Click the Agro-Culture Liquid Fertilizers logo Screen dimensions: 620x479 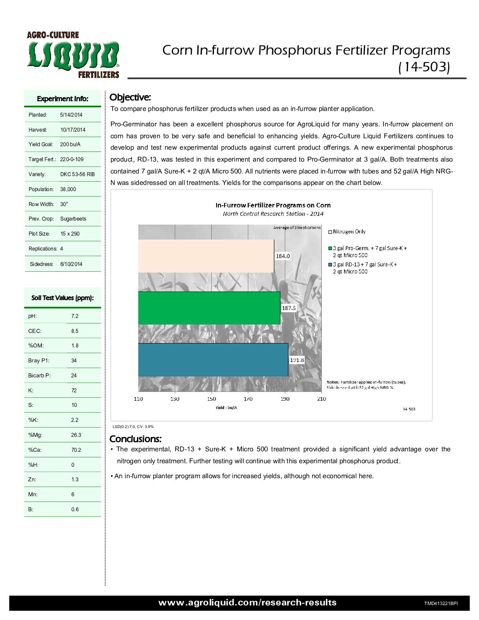click(73, 55)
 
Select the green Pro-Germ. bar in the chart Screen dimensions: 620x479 click(209, 308)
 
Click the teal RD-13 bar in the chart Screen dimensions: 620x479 click(213, 360)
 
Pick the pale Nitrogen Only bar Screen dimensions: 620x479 click(206, 256)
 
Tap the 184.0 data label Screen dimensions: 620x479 click(283, 256)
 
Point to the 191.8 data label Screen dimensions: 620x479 click(297, 360)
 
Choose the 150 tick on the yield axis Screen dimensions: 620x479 click(212, 399)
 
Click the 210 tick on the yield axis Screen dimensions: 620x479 click(322, 399)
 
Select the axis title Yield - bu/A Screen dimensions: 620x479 click(226, 408)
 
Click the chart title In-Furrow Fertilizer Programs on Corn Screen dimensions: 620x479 click(273, 205)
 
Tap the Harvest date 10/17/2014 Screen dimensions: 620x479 click(73, 130)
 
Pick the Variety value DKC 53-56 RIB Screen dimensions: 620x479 click(77, 174)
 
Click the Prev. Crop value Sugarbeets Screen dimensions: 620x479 click(73, 219)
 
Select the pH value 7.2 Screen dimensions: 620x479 click(75, 316)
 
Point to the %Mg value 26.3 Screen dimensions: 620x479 click(76, 435)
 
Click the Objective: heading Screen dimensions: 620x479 click(130, 97)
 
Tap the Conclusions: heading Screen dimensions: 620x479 click(135, 439)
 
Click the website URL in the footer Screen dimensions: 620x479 click(247, 603)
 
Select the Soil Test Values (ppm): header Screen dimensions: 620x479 click(63, 298)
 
